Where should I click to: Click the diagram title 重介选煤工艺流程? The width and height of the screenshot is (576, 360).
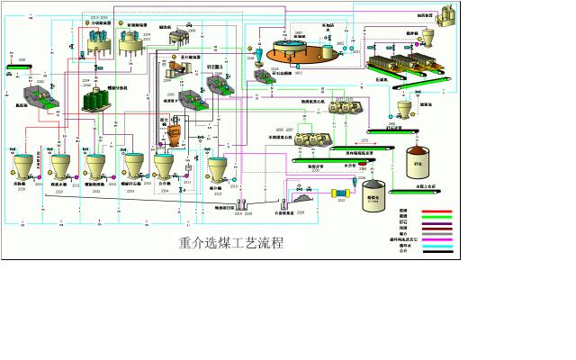tap(231, 242)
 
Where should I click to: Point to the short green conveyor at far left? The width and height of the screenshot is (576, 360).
tap(20, 67)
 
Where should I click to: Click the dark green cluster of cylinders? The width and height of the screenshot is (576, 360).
tap(94, 100)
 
